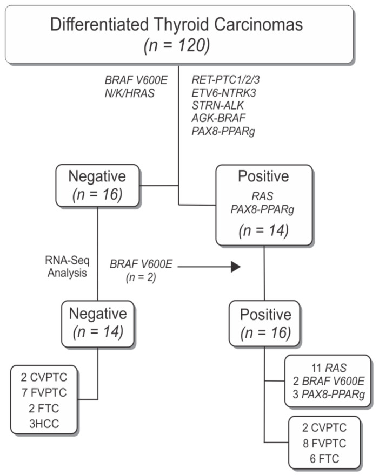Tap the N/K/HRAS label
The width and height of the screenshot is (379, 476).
(x=130, y=93)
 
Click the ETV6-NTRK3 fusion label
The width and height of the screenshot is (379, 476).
(x=224, y=92)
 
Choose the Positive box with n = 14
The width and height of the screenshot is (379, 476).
(x=263, y=205)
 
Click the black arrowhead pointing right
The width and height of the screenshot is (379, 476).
(x=235, y=267)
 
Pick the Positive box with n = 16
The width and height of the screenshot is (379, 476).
(x=264, y=323)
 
